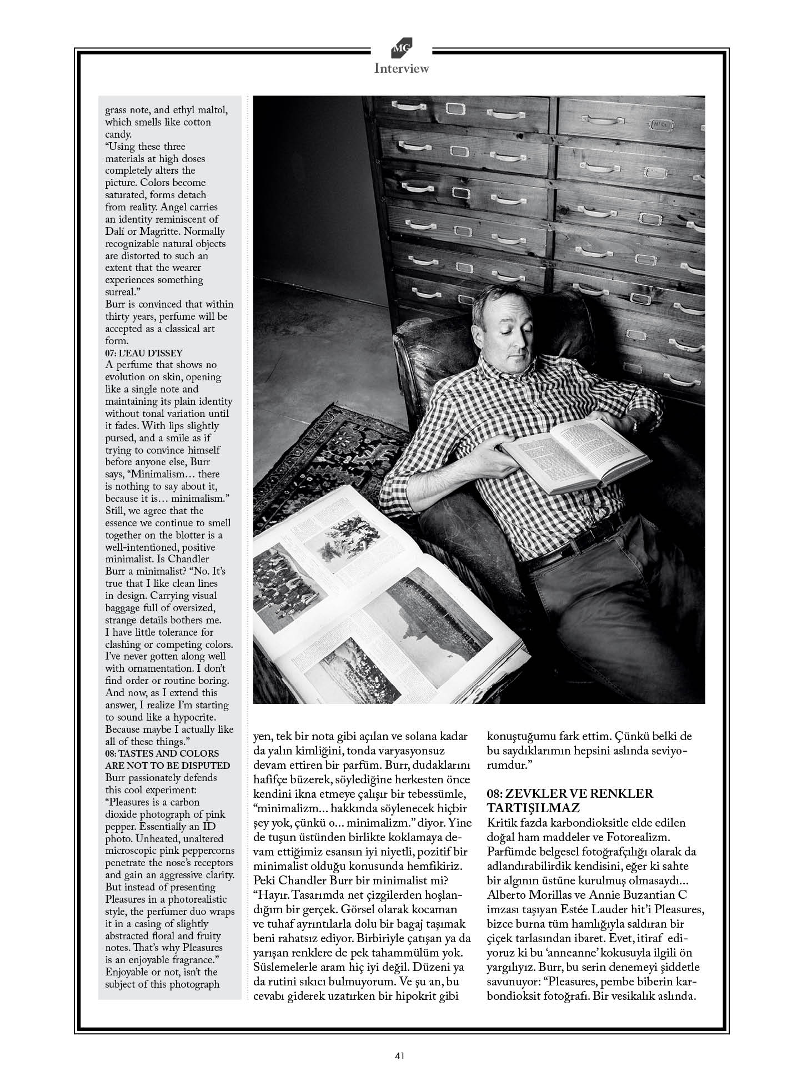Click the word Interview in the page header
pos(401,69)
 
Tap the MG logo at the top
pos(401,49)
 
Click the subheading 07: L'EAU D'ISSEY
pos(144,353)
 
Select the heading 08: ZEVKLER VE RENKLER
pos(570,793)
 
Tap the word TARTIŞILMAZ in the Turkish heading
pos(533,808)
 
